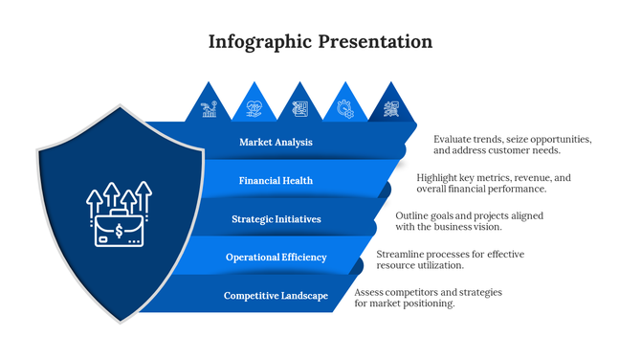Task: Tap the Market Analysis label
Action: (276, 143)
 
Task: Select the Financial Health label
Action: (276, 180)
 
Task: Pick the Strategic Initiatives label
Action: (276, 219)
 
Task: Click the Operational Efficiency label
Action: (276, 257)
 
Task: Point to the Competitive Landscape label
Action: (276, 296)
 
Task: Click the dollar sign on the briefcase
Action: (118, 230)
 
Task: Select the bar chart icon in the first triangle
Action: (209, 108)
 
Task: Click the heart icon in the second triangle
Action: (254, 108)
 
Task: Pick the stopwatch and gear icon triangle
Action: (344, 108)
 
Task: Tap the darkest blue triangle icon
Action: (390, 108)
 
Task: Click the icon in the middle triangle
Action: (299, 108)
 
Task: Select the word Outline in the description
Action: (414, 215)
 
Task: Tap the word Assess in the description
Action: (370, 292)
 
